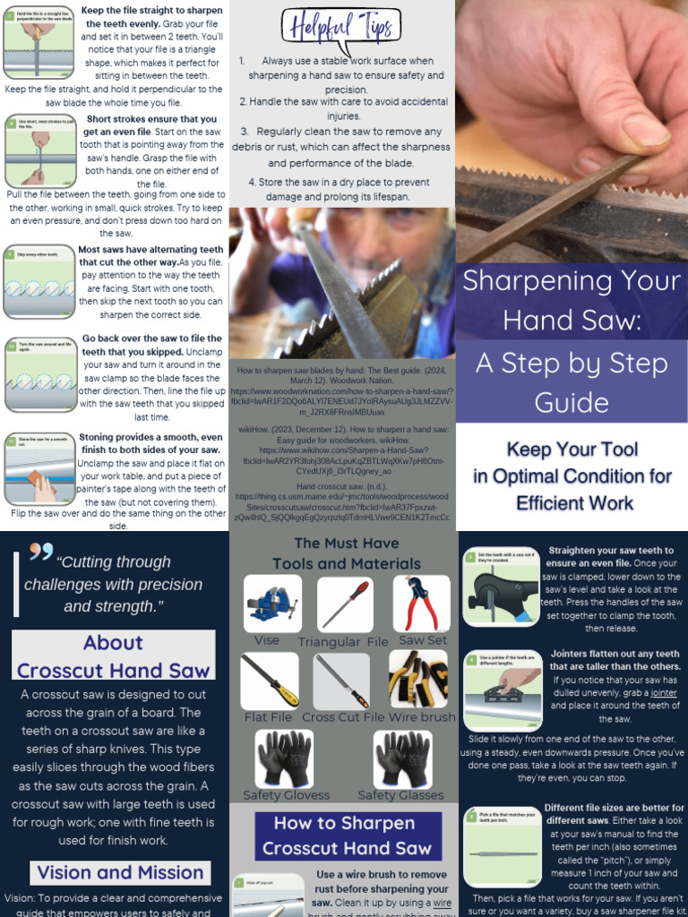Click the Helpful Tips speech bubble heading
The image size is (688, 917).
(x=343, y=30)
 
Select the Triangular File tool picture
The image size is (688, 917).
(x=345, y=604)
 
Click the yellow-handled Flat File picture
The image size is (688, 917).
(x=271, y=681)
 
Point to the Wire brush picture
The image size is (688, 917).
(x=417, y=680)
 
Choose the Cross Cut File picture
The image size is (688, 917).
(x=341, y=681)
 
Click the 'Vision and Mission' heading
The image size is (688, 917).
(x=120, y=872)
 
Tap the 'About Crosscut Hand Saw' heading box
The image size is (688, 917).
(x=114, y=656)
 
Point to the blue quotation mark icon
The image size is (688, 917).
(x=41, y=552)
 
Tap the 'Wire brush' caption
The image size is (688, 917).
(x=422, y=717)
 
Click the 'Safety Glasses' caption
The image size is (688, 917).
(x=400, y=795)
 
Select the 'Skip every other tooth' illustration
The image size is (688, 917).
(x=39, y=281)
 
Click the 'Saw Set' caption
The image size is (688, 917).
(x=423, y=641)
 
